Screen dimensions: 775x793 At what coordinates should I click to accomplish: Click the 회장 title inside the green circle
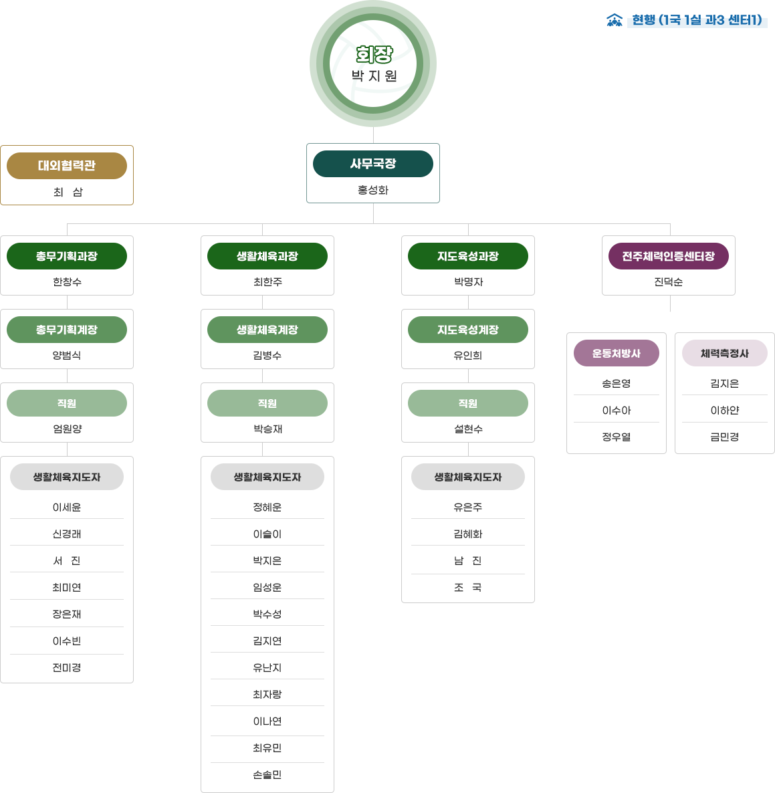pyautogui.click(x=374, y=55)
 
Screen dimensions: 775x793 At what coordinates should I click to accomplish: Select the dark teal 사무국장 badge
pyautogui.click(x=373, y=164)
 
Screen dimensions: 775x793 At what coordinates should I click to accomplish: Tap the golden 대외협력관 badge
pyautogui.click(x=67, y=166)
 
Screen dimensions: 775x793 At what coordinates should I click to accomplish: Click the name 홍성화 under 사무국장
pyautogui.click(x=373, y=190)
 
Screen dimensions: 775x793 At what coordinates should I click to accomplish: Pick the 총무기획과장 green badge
pyautogui.click(x=67, y=256)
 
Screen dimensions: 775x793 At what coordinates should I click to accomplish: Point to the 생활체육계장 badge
pyautogui.click(x=267, y=330)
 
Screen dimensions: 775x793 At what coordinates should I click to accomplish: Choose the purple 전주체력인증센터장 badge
pyautogui.click(x=668, y=256)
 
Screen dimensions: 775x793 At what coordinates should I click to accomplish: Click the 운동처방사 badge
pyautogui.click(x=616, y=353)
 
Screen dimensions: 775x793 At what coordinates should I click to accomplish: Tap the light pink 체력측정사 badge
pyautogui.click(x=724, y=353)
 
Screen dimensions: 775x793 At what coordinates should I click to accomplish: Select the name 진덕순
pyautogui.click(x=668, y=282)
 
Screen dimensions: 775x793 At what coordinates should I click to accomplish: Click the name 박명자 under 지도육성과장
pyautogui.click(x=468, y=282)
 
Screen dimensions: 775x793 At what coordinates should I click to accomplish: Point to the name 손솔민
pyautogui.click(x=267, y=775)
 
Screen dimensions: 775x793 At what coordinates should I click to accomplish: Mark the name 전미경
pyautogui.click(x=67, y=667)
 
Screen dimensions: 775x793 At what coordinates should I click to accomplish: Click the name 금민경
pyautogui.click(x=724, y=437)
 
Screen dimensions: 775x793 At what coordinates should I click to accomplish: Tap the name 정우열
pyautogui.click(x=616, y=437)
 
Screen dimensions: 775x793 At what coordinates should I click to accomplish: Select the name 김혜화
pyautogui.click(x=468, y=534)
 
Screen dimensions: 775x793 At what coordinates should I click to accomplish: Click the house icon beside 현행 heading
pyautogui.click(x=614, y=20)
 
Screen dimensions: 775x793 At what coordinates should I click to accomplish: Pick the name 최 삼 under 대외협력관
pyautogui.click(x=68, y=192)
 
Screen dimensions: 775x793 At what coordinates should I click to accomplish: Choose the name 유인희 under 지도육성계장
pyautogui.click(x=468, y=356)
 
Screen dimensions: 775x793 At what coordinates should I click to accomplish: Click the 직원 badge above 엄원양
pyautogui.click(x=67, y=404)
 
